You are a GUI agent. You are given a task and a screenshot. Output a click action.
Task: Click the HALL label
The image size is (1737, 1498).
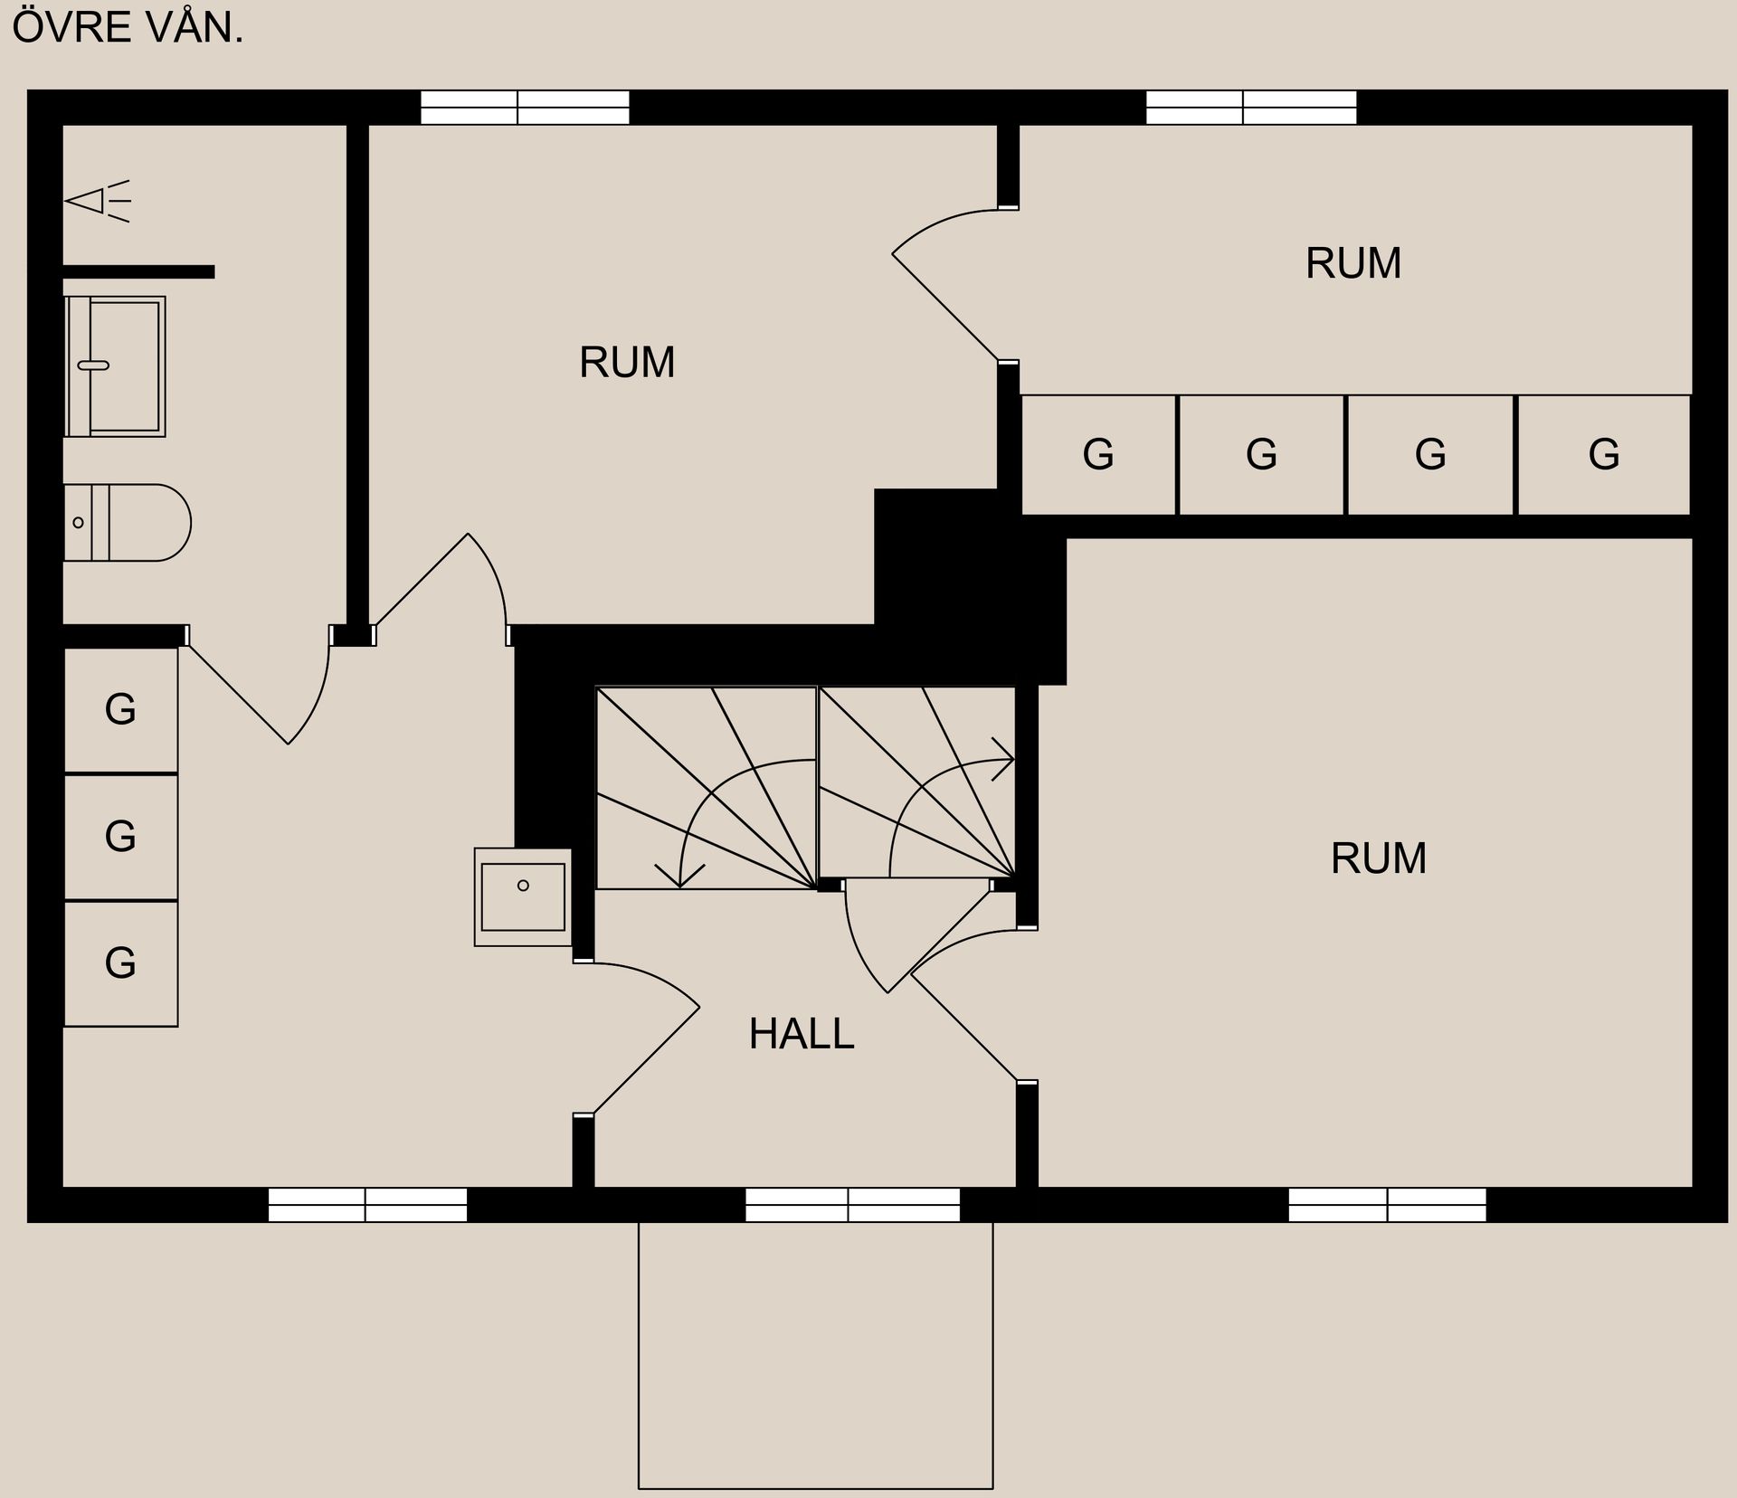click(x=801, y=1034)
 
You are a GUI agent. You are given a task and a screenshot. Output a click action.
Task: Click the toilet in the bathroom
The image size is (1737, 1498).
click(x=127, y=523)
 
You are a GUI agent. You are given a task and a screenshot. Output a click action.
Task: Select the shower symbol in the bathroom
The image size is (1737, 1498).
click(x=97, y=201)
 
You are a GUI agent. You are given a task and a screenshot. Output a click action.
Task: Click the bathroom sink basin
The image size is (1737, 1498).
click(x=115, y=366)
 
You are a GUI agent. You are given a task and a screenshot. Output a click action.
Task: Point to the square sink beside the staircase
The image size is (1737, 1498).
click(x=523, y=897)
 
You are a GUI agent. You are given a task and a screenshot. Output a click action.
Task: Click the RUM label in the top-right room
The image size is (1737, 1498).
click(x=1353, y=263)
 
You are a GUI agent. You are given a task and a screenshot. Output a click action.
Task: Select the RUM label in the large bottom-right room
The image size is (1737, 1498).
click(x=1378, y=858)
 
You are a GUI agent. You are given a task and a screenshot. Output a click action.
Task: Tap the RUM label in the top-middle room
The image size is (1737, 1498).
click(x=627, y=363)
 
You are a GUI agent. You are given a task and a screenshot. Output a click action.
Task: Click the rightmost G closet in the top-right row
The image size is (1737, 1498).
click(x=1603, y=454)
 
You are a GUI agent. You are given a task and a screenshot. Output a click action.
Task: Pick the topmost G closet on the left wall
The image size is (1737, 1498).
click(x=120, y=709)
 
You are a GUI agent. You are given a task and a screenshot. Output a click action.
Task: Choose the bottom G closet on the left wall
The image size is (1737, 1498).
click(x=120, y=962)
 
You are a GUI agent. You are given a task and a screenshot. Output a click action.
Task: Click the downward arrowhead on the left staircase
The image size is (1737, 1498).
click(x=680, y=876)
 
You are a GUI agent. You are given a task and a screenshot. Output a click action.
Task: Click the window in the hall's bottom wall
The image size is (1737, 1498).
click(x=852, y=1205)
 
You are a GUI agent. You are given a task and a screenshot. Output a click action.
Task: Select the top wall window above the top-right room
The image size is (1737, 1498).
click(x=1251, y=108)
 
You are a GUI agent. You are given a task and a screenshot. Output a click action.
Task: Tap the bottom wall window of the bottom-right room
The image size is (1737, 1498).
click(x=1387, y=1205)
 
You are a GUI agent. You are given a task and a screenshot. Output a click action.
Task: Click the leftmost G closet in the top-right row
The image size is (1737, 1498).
click(x=1098, y=454)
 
